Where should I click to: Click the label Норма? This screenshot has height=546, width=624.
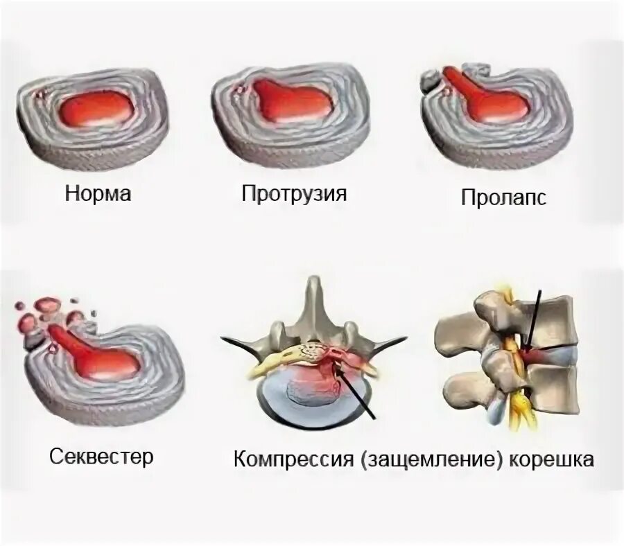(98, 193)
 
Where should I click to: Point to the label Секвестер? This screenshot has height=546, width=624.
(102, 457)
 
